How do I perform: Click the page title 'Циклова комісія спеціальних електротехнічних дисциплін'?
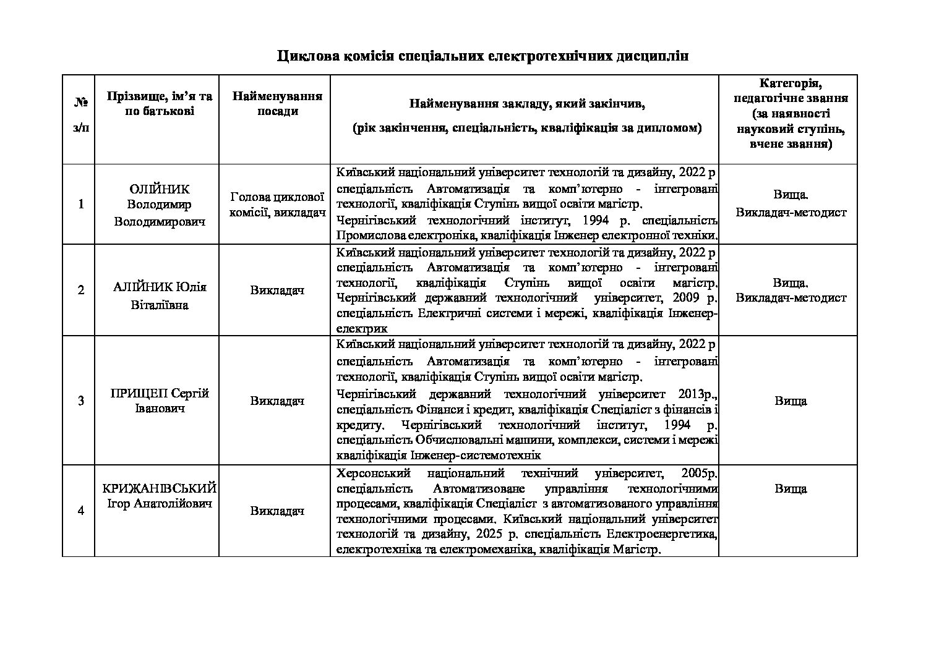coord(482,56)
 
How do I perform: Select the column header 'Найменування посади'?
coord(277,104)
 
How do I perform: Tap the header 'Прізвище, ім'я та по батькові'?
coord(159,104)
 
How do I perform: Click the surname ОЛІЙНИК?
coord(160,190)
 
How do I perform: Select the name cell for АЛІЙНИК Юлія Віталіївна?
coord(160,296)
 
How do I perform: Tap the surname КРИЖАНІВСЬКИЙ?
coord(159,488)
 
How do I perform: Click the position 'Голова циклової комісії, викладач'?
coord(277,205)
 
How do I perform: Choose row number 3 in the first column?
coord(80,401)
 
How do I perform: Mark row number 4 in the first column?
coord(80,511)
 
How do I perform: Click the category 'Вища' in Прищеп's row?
coord(790,401)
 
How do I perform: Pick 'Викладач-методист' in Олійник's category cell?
coord(791,212)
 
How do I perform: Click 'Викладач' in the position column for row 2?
coord(277,290)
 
